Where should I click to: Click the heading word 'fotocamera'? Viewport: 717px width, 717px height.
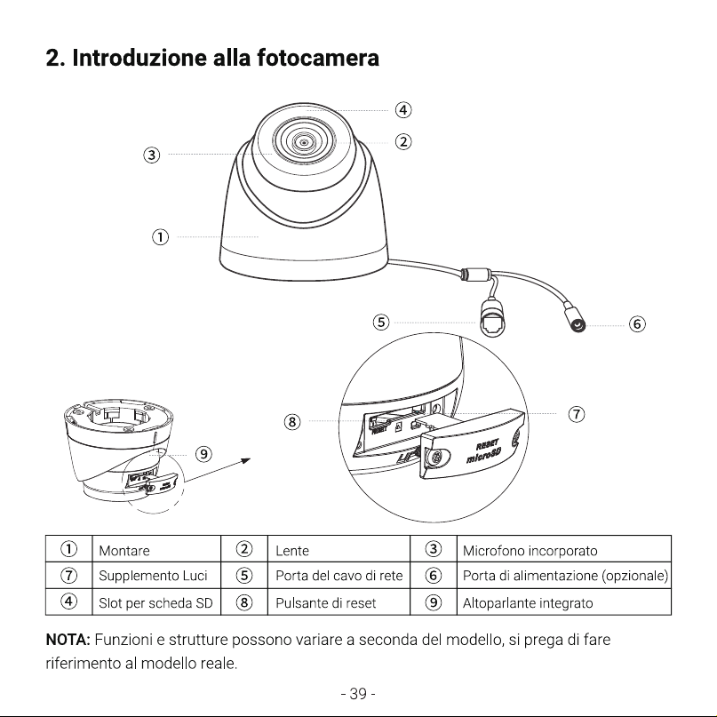(x=318, y=58)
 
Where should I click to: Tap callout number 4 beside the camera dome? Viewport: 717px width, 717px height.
(x=402, y=110)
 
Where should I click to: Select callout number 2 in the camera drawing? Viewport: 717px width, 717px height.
(x=402, y=142)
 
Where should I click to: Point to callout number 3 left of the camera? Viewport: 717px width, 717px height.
(x=152, y=155)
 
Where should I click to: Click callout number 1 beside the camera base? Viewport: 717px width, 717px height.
(x=160, y=237)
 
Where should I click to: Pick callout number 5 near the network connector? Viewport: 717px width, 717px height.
(x=381, y=323)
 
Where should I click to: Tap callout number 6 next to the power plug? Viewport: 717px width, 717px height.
(x=637, y=324)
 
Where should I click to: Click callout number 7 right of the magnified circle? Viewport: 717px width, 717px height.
(x=576, y=414)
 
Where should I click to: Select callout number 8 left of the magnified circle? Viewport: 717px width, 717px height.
(x=292, y=421)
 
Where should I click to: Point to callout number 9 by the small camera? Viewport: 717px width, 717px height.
(x=203, y=454)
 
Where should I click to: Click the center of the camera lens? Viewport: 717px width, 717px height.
(x=304, y=143)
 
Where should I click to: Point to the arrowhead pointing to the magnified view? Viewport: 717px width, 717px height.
(x=246, y=460)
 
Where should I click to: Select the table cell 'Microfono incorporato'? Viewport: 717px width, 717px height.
(x=530, y=551)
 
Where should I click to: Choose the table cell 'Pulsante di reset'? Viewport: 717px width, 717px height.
(x=325, y=603)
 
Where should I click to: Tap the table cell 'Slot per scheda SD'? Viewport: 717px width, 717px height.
(x=155, y=603)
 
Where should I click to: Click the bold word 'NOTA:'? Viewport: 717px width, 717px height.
(x=68, y=640)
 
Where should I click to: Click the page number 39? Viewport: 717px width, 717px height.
(x=358, y=694)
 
